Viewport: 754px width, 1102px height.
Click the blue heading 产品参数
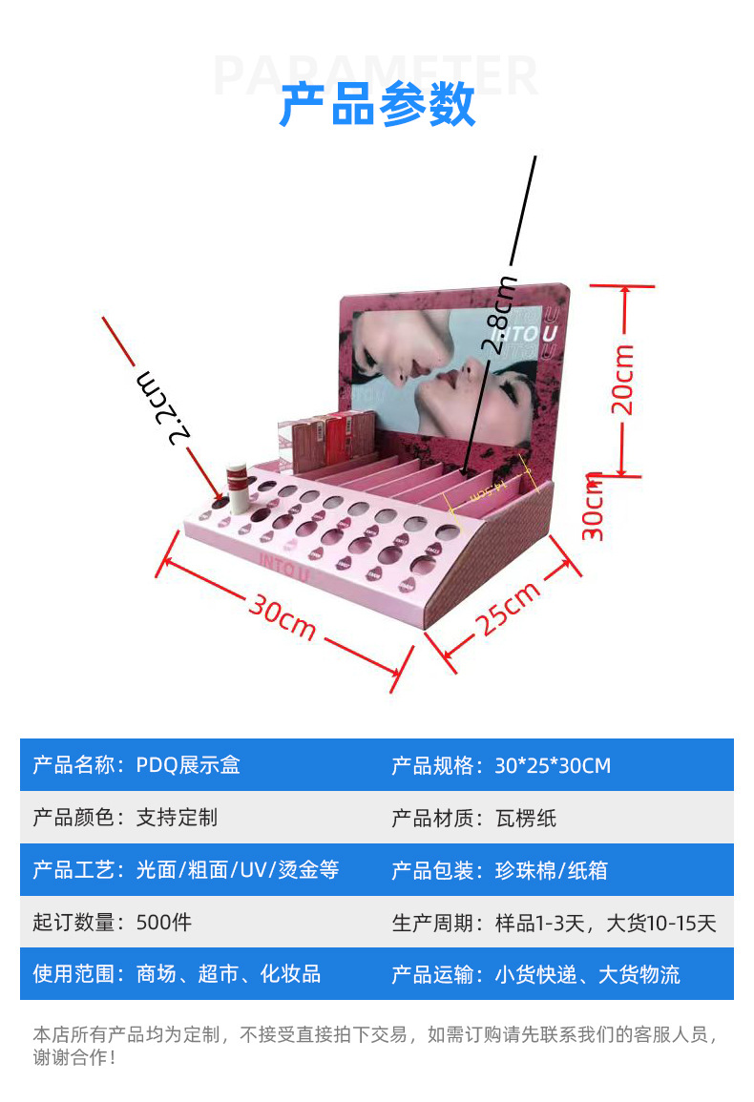tap(377, 105)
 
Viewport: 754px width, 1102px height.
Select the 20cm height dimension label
tap(623, 379)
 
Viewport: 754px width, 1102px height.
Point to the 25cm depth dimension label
tap(509, 607)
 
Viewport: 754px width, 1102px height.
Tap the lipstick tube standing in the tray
tap(236, 487)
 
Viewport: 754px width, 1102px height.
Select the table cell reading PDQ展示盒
tap(188, 765)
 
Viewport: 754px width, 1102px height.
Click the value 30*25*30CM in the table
tap(553, 765)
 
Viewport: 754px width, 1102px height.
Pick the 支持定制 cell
tap(177, 818)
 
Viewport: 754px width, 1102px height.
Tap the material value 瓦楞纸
tap(526, 818)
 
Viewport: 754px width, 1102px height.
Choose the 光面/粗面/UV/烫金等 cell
tap(238, 870)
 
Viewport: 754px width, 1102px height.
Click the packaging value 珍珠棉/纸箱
tap(551, 870)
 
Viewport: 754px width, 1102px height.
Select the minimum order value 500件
tap(164, 923)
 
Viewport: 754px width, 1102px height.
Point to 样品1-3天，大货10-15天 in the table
tap(605, 923)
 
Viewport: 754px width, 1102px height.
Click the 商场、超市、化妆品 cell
tap(228, 974)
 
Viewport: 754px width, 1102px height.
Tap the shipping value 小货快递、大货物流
tap(587, 974)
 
